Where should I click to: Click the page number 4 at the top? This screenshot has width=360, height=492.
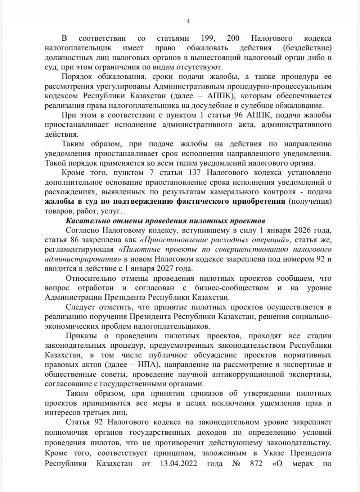pyautogui.click(x=188, y=21)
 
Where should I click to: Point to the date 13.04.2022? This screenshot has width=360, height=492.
pyautogui.click(x=178, y=464)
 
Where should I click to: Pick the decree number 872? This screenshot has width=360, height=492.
pyautogui.click(x=256, y=464)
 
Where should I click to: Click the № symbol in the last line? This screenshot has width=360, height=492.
pyautogui.click(x=237, y=464)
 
